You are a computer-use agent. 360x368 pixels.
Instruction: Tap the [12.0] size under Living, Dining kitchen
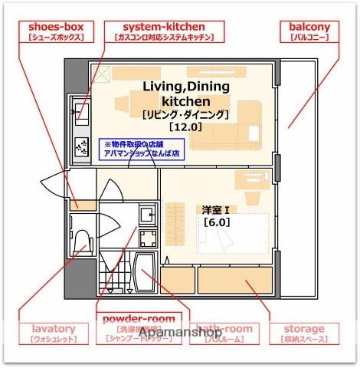[x=185, y=127]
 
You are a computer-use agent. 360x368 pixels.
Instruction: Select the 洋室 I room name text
[x=217, y=209]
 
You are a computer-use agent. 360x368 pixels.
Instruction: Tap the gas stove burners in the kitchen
[x=80, y=148]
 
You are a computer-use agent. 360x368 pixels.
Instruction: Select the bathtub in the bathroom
[x=146, y=276]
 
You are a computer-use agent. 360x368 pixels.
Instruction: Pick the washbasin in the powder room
[x=147, y=212]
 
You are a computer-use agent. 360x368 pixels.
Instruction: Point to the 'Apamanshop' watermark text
[x=180, y=333]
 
